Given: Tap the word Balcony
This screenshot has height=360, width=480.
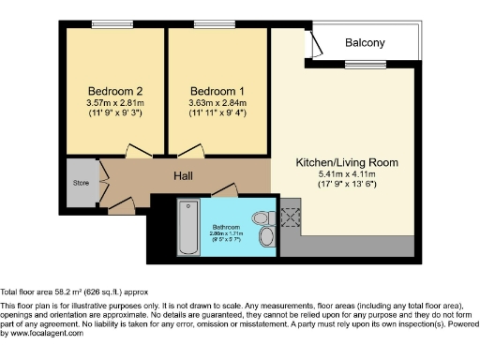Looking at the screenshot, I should (365, 43).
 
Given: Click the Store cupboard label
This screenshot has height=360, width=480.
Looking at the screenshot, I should (81, 182).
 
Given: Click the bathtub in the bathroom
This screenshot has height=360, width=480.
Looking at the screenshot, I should (188, 228).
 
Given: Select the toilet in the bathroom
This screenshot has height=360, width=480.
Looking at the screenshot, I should (265, 234).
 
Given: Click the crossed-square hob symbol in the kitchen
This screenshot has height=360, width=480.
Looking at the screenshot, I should (290, 217).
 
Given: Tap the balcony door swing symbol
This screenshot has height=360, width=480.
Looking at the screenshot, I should (317, 45).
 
